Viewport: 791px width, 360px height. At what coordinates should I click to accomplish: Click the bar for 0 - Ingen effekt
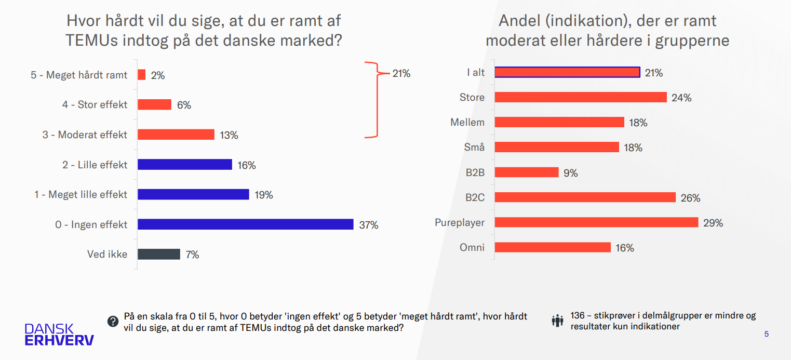pyautogui.click(x=245, y=224)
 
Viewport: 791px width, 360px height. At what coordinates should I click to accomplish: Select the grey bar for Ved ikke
pyautogui.click(x=159, y=254)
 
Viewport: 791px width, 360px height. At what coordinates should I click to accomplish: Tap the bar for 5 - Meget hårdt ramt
pyautogui.click(x=142, y=75)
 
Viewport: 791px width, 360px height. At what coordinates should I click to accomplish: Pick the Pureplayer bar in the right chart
pyautogui.click(x=596, y=222)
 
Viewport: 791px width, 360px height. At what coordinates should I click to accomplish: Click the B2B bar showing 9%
pyautogui.click(x=527, y=172)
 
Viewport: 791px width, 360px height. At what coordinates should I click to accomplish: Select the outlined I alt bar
pyautogui.click(x=567, y=72)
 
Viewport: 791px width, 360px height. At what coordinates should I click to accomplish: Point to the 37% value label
pyautogui.click(x=369, y=225)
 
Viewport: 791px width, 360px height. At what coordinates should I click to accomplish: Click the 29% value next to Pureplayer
pyautogui.click(x=713, y=223)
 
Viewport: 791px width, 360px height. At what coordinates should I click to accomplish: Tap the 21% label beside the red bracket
pyautogui.click(x=401, y=74)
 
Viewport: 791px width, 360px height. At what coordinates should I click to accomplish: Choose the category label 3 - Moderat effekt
pyautogui.click(x=85, y=135)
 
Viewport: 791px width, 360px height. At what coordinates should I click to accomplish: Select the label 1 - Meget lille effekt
pyautogui.click(x=81, y=194)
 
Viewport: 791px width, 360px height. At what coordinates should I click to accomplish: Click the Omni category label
pyautogui.click(x=472, y=247)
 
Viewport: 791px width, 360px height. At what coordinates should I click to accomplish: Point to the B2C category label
pyautogui.click(x=475, y=197)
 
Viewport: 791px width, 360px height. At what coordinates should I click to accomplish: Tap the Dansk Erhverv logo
pyautogui.click(x=59, y=335)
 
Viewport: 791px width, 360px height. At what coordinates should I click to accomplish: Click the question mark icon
pyautogui.click(x=113, y=322)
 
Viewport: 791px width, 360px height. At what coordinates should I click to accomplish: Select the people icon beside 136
pyautogui.click(x=558, y=321)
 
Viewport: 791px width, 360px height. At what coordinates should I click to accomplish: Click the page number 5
pyautogui.click(x=767, y=334)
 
